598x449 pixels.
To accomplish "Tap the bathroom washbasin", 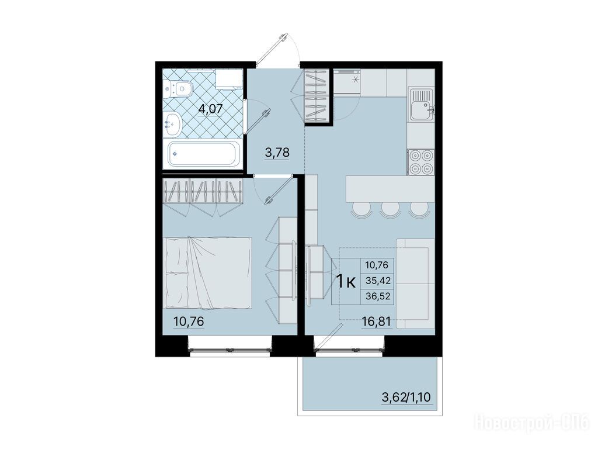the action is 172,125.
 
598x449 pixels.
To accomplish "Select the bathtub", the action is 203,154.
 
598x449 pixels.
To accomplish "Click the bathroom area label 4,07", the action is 210,109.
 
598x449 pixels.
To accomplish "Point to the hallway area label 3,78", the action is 277,153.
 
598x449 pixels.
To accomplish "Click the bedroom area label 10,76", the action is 189,322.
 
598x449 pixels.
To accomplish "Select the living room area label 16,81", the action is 376,322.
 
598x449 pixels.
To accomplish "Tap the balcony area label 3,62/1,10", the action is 406,397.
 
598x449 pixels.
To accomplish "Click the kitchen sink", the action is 421,104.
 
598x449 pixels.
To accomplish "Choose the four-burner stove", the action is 421,161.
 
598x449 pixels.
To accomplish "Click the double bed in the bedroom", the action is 207,272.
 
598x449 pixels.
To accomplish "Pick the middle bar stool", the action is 390,210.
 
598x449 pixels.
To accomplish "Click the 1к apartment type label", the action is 346,282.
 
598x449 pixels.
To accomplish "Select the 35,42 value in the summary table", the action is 378,281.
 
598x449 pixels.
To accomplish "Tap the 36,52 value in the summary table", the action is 378,296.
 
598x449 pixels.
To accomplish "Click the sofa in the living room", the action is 415,284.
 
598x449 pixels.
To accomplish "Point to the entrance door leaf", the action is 271,50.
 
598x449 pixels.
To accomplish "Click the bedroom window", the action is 230,349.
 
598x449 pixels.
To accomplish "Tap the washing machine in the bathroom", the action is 228,79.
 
